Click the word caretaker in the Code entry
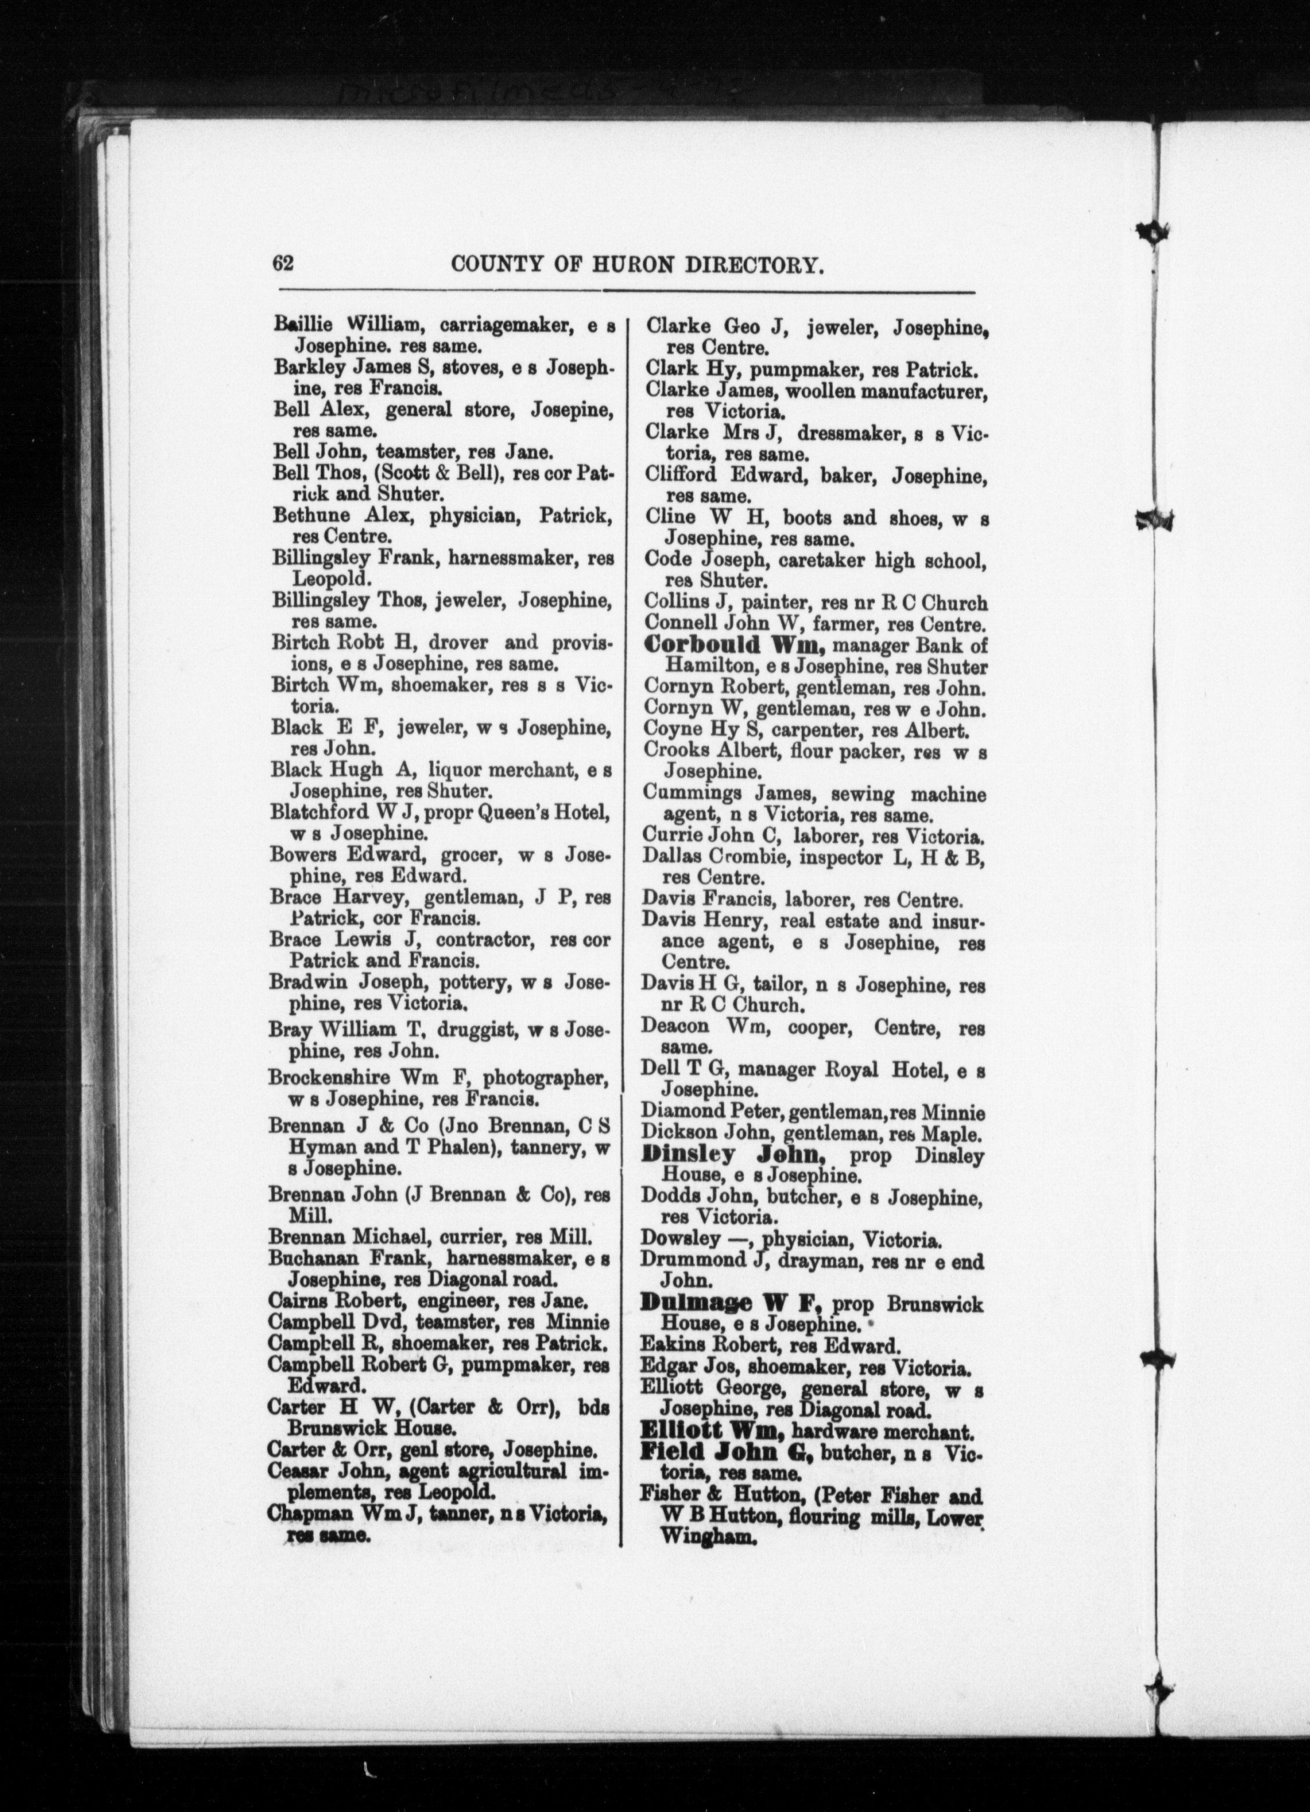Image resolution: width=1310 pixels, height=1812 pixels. (807, 561)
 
